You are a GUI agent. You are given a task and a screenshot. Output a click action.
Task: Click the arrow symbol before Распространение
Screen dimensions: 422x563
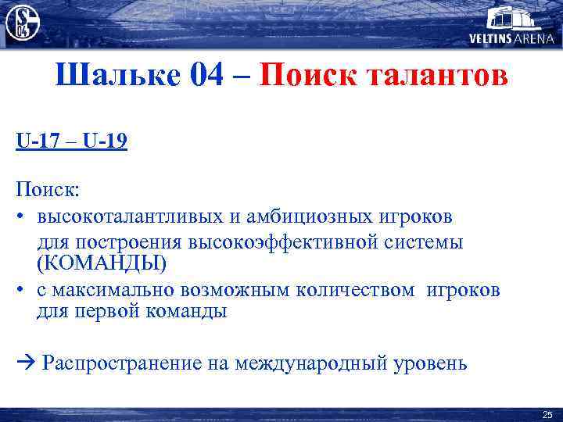(23, 363)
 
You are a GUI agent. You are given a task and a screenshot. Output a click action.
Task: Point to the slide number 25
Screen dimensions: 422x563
(547, 415)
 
